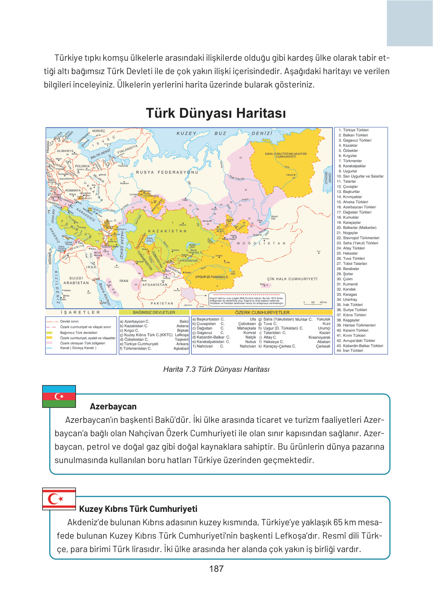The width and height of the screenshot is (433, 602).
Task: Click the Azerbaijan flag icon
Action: [59, 396]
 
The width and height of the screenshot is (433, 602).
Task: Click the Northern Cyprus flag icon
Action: [59, 498]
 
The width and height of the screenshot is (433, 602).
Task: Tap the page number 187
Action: [216, 568]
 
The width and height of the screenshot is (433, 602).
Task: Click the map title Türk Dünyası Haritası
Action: [216, 113]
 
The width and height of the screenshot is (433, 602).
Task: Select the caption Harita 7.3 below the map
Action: [216, 369]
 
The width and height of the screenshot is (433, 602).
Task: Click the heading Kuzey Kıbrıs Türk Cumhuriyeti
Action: [138, 509]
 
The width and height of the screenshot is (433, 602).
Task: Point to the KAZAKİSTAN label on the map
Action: [167, 231]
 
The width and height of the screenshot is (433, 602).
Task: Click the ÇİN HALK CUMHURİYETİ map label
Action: [292, 279]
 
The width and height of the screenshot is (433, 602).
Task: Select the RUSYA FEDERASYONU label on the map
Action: [167, 172]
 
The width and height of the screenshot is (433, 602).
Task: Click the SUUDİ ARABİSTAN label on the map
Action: [76, 281]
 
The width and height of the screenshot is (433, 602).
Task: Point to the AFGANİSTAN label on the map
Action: [155, 285]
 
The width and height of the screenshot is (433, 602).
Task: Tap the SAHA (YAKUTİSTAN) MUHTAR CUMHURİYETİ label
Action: [286, 155]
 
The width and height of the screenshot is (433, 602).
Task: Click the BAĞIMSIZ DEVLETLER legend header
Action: [154, 313]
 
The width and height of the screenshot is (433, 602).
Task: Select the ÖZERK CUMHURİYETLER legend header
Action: [262, 313]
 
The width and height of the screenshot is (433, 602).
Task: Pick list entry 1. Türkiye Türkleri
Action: [353, 130]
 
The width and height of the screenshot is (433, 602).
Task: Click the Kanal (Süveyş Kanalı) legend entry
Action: [78, 348]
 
